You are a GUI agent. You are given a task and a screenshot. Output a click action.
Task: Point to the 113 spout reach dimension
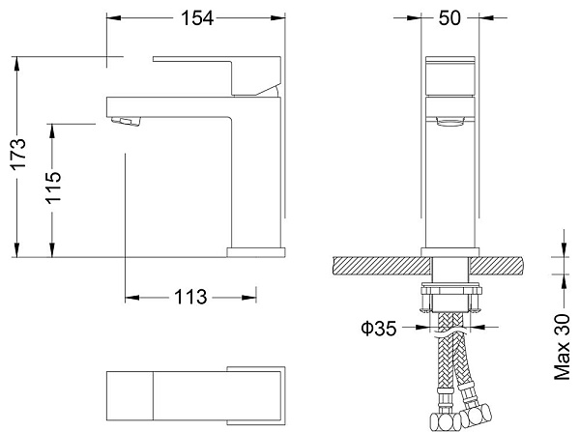click(191, 298)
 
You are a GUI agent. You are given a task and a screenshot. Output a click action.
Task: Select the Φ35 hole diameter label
click(379, 329)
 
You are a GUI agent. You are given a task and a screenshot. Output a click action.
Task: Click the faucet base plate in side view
click(255, 252)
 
